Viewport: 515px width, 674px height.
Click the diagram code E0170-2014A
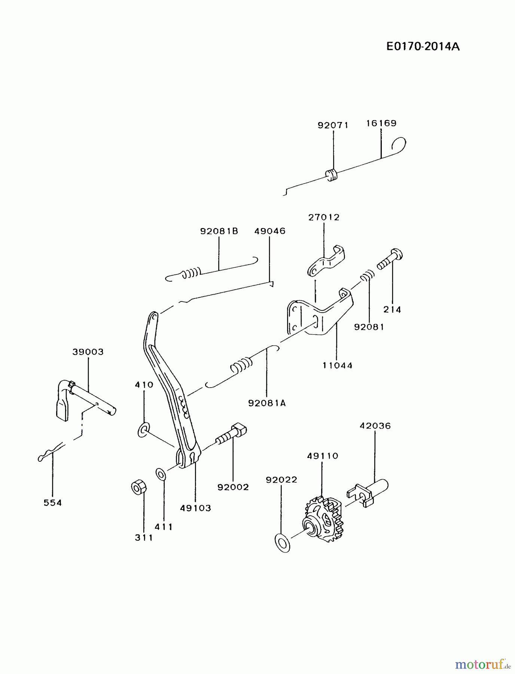coord(423,47)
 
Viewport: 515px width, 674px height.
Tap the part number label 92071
coord(333,125)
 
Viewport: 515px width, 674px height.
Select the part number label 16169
coord(381,123)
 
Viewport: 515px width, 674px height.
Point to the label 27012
coord(324,218)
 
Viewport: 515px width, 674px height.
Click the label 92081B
coord(219,231)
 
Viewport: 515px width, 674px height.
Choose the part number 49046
coord(269,231)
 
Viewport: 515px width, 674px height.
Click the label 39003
coord(88,352)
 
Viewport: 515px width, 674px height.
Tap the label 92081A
coord(266,403)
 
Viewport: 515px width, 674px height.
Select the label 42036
coord(375,426)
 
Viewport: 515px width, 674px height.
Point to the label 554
coord(52,503)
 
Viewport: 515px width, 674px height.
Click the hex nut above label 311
coord(139,487)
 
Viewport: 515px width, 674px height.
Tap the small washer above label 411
coord(161,474)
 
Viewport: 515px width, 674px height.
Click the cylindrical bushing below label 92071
coord(331,175)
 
